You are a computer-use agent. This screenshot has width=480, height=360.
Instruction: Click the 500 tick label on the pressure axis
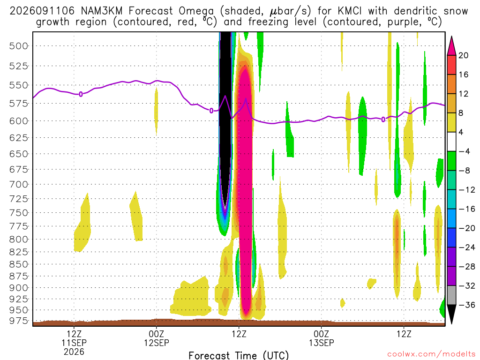click(x=19, y=46)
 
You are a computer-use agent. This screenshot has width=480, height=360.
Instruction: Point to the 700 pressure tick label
click(x=19, y=185)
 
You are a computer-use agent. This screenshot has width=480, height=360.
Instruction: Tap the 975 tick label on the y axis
click(x=19, y=321)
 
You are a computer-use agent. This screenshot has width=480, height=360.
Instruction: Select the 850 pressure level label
click(x=19, y=264)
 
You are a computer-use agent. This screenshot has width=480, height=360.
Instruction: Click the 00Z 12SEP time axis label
click(x=157, y=338)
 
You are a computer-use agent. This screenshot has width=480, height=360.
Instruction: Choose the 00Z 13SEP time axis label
click(x=322, y=338)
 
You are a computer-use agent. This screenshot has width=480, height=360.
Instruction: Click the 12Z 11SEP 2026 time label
click(x=74, y=343)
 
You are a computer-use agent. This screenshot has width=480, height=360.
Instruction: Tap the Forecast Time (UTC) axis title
click(x=239, y=355)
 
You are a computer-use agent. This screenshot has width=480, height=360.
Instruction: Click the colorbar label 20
click(x=463, y=55)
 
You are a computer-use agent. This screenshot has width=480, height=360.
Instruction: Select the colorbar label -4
click(x=464, y=151)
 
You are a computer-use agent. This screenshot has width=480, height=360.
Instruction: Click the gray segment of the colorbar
click(x=451, y=295)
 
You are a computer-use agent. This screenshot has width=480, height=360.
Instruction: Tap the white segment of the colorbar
click(x=451, y=142)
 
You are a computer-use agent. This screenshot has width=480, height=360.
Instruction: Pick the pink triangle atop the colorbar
click(x=451, y=46)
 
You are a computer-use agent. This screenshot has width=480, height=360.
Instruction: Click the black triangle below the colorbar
click(x=451, y=314)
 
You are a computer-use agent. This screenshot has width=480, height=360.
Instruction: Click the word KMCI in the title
click(x=350, y=11)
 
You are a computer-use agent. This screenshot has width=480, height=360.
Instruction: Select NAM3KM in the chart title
click(x=102, y=11)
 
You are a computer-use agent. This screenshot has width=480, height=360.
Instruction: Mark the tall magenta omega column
click(x=246, y=190)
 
